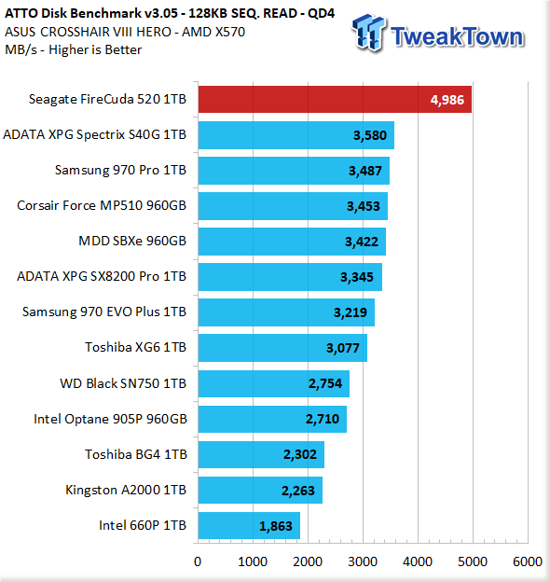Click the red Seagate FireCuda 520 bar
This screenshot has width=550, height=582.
pos(335,99)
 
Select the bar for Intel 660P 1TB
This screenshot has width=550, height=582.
pos(249,525)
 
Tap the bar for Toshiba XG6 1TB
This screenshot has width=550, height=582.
pos(282,348)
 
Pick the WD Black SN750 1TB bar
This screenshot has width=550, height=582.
pos(274,383)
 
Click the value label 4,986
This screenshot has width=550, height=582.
pos(447,100)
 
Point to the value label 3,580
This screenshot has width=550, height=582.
pos(370,135)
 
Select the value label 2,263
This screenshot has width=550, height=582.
pos(297,491)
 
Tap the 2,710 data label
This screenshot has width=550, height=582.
pos(323,419)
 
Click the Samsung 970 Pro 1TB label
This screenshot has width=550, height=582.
pos(120,170)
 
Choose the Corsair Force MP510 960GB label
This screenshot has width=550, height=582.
pos(102,205)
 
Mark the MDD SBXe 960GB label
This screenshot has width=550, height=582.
pos(132,241)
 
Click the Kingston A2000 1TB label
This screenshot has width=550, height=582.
pos(126,490)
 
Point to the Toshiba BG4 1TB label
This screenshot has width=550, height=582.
pos(136,454)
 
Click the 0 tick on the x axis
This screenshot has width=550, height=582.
pos(198,561)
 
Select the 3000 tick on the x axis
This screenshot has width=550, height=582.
pos(363,561)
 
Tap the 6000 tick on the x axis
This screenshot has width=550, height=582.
pos(528,561)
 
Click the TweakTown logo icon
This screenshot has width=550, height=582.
pos(369,32)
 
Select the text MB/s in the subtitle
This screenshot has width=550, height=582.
pos(21,49)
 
